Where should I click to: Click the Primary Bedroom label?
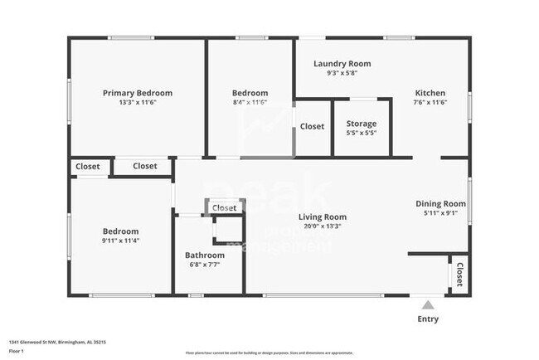(x=138, y=93)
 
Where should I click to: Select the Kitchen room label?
(x=430, y=93)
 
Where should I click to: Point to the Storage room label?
(x=361, y=124)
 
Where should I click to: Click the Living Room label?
(x=323, y=217)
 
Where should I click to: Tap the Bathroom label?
(x=205, y=255)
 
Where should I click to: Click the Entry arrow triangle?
(x=428, y=304)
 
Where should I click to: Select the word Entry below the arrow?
(x=428, y=319)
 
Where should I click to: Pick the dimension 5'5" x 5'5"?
(x=361, y=133)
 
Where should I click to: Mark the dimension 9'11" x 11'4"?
(x=120, y=241)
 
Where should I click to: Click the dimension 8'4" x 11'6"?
(x=250, y=102)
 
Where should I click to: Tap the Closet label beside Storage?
(x=312, y=126)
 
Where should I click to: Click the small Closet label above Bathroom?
(x=224, y=208)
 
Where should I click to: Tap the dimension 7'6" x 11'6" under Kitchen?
(x=430, y=102)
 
